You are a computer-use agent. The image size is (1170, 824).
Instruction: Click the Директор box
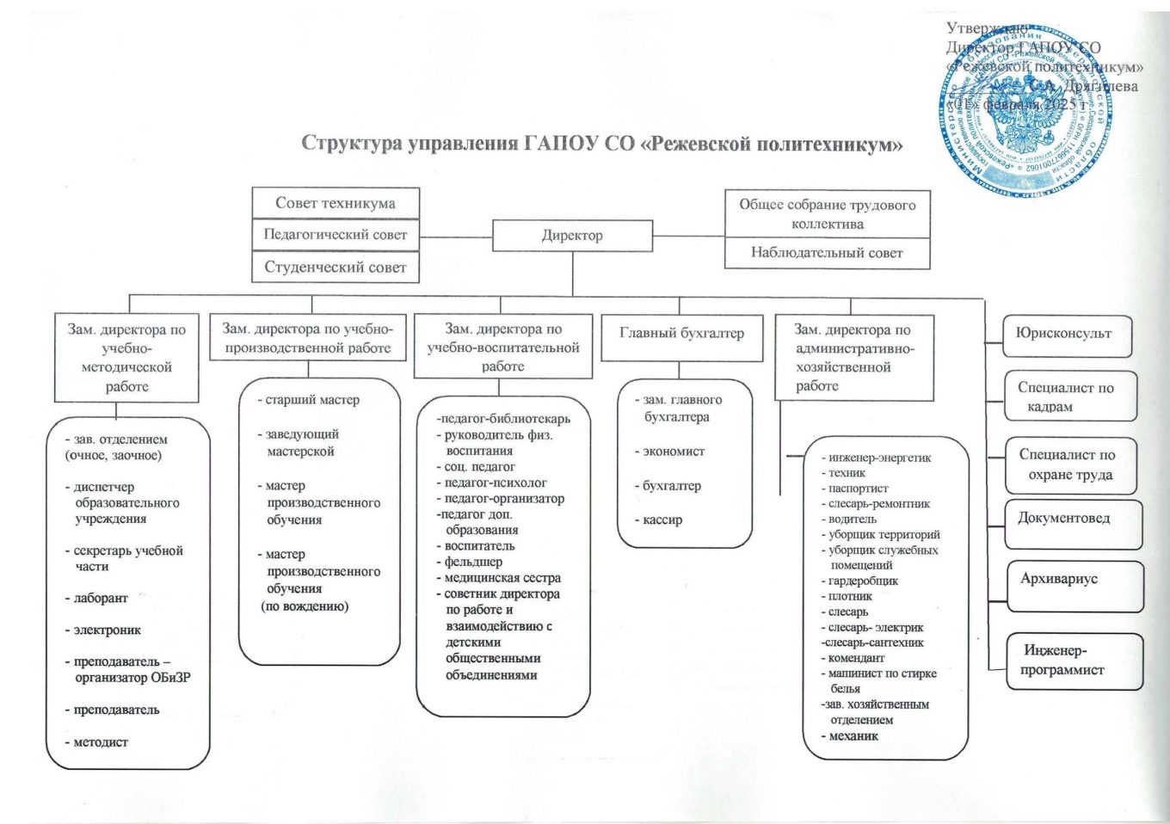tap(572, 236)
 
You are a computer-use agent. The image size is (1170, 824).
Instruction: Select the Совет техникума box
tap(336, 204)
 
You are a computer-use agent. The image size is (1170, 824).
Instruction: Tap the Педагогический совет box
tap(336, 235)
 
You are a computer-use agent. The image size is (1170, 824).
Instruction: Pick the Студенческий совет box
tap(336, 267)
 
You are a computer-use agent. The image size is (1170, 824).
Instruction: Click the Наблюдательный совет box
tap(827, 253)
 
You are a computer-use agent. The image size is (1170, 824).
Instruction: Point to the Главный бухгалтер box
tap(681, 334)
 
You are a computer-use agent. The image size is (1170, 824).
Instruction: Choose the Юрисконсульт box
tap(1064, 334)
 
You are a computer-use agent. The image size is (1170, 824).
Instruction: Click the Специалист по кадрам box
tap(1067, 397)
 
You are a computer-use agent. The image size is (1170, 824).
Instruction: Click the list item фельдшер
tap(473, 562)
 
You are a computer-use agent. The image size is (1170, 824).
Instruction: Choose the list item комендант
tap(856, 658)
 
